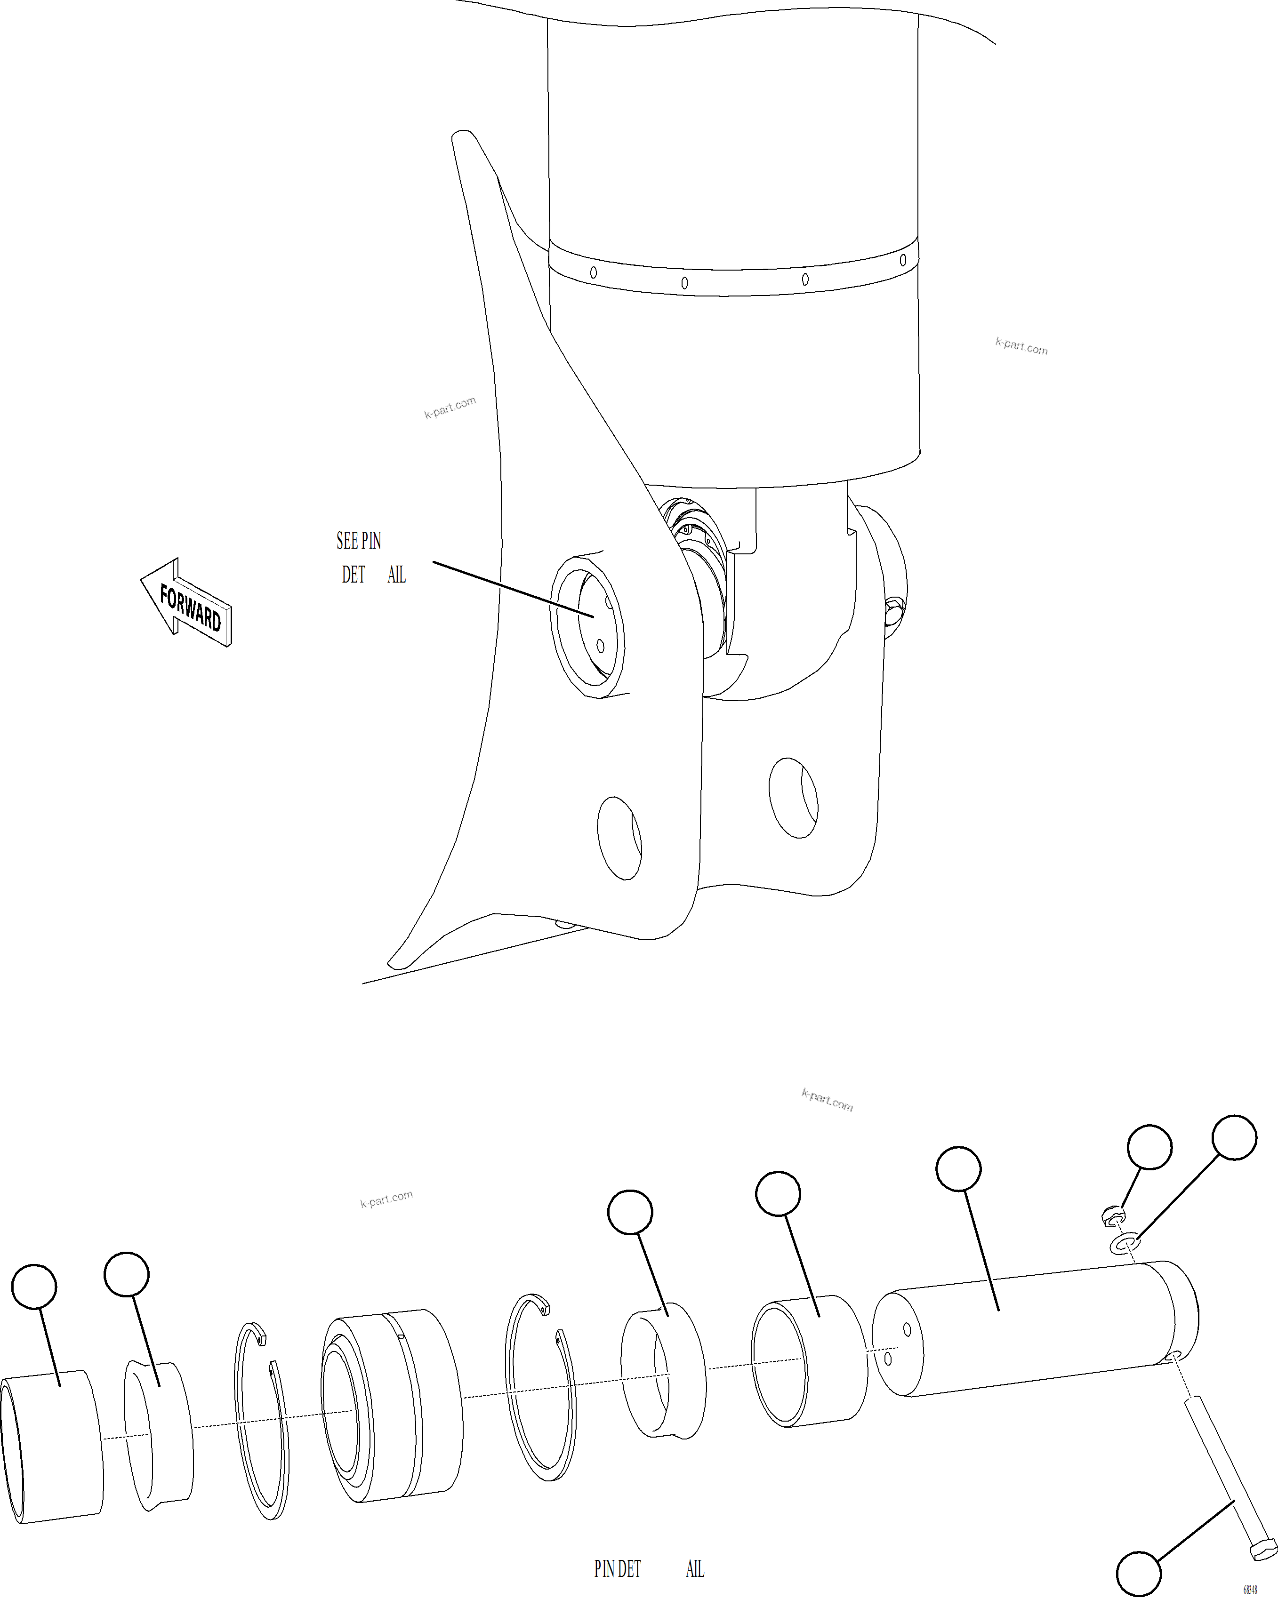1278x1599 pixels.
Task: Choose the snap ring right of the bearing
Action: (541, 1387)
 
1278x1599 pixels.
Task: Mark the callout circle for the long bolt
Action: (1139, 1574)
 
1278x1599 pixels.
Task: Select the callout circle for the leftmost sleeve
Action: (34, 1287)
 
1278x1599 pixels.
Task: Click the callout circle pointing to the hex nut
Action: (1149, 1147)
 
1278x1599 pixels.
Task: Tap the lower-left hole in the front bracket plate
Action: (619, 838)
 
